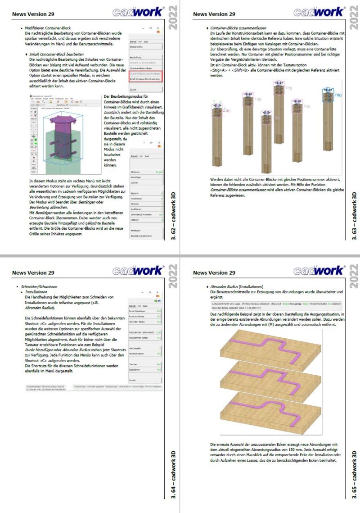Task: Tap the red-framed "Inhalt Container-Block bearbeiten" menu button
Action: [145, 79]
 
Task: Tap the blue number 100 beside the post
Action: [338, 95]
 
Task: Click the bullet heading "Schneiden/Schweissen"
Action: [39, 287]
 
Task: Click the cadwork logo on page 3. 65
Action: [319, 271]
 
